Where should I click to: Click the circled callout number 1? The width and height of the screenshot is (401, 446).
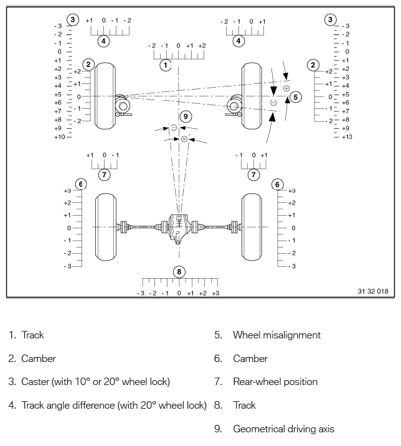point(165,64)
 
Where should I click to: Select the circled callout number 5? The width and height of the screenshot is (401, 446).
point(296,97)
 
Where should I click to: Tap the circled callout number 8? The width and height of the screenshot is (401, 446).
point(179,272)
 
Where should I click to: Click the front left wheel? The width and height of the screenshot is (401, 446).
point(105,96)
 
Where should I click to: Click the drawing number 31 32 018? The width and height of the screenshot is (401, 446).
point(373,291)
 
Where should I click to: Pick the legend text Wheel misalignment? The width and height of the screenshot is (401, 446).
point(276,335)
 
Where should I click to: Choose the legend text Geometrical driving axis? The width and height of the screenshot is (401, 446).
point(283,429)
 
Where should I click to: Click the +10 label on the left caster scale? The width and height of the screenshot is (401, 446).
point(59,136)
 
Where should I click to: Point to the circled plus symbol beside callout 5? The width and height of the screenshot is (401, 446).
point(286,89)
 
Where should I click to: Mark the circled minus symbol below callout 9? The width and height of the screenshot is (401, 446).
point(174,128)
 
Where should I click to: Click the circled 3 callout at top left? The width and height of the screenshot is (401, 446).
point(73,20)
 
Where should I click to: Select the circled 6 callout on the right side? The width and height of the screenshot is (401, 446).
point(278,184)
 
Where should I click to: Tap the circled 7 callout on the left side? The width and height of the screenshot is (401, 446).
point(105,174)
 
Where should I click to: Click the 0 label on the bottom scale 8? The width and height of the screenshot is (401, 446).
point(179,293)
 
